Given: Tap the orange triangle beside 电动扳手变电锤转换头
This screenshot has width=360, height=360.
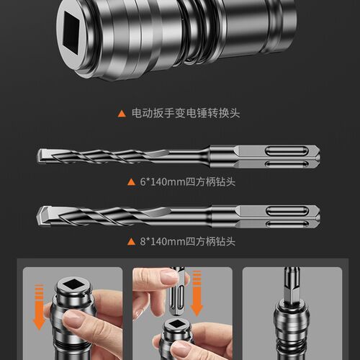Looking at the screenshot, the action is (x=122, y=114).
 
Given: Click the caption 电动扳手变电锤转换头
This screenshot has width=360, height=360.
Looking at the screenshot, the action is (x=186, y=113).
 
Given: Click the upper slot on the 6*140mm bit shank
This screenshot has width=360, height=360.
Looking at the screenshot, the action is (x=287, y=151).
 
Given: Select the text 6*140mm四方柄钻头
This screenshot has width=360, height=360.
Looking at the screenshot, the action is (x=187, y=182).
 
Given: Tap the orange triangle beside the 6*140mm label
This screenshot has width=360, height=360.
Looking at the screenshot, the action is (x=131, y=182).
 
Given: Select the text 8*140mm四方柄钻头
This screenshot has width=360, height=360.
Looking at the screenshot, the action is (x=187, y=241).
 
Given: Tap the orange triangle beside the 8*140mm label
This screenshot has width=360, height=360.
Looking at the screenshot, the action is (x=131, y=242).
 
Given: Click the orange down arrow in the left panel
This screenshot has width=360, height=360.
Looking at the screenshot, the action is (x=39, y=307).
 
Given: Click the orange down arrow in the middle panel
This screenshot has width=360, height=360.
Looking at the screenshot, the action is (x=197, y=293).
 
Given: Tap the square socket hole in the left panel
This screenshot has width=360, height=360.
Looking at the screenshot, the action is (x=73, y=284).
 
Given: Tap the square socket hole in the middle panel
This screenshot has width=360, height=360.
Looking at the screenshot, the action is (x=177, y=325).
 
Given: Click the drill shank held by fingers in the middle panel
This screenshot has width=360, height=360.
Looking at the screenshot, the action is (x=177, y=293).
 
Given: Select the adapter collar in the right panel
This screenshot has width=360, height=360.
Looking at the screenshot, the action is (x=291, y=319).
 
